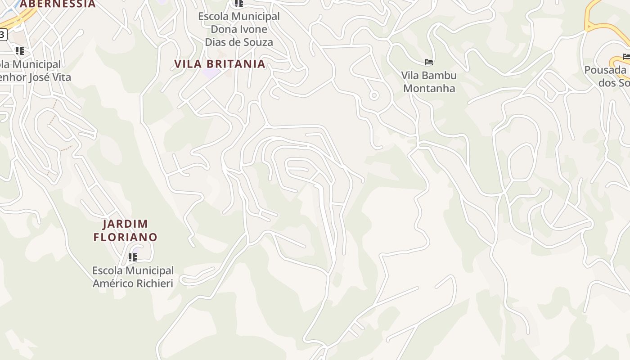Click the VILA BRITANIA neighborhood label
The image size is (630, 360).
(x=220, y=64)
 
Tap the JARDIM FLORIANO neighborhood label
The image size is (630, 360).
(x=126, y=230)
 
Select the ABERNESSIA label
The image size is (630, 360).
(x=58, y=4)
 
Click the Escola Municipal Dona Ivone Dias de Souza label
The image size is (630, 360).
(x=239, y=29)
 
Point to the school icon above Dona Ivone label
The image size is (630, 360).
(x=238, y=4)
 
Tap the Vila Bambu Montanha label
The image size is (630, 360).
(x=429, y=82)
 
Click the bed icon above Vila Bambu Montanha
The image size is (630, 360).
(x=429, y=62)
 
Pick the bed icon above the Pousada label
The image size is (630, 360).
(x=626, y=56)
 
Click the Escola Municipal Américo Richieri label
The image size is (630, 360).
(x=133, y=277)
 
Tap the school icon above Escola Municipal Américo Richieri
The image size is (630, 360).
(x=132, y=257)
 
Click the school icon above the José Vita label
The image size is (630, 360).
(x=19, y=50)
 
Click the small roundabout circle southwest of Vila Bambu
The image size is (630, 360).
(x=373, y=95)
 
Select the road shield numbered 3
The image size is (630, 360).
(x=3, y=34)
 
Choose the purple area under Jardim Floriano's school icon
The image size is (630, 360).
(x=136, y=250)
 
